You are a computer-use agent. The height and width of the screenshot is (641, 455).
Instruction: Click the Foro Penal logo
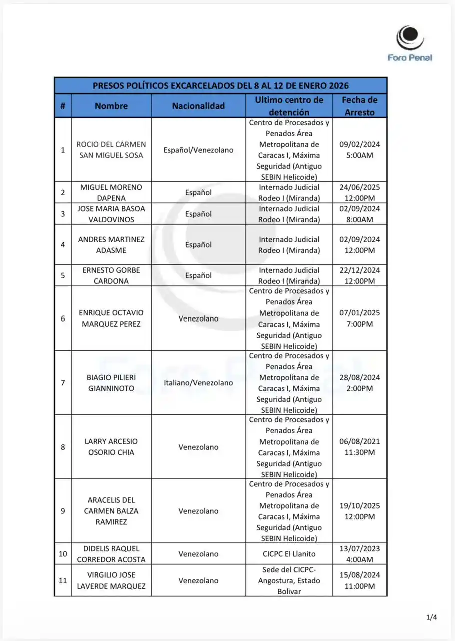click(x=410, y=44)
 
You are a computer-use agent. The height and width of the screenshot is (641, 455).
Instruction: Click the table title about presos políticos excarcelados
click(x=220, y=85)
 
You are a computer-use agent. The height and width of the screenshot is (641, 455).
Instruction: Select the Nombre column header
click(x=111, y=106)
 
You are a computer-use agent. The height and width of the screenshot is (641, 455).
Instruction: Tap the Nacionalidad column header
click(x=198, y=106)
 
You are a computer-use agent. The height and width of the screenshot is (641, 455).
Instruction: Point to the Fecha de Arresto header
click(x=359, y=106)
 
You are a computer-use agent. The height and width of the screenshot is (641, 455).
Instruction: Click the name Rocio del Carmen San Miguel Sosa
click(x=111, y=150)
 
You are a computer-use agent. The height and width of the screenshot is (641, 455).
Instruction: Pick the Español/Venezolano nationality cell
click(x=198, y=150)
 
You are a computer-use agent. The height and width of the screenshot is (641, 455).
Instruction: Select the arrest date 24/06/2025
click(x=359, y=193)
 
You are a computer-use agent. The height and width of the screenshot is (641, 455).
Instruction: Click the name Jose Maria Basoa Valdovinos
click(x=111, y=214)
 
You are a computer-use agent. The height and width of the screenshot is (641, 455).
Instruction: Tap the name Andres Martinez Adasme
click(x=111, y=245)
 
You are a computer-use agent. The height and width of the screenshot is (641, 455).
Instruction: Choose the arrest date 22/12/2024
click(x=359, y=275)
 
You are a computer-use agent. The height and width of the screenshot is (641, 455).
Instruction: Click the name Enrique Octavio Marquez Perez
click(x=111, y=318)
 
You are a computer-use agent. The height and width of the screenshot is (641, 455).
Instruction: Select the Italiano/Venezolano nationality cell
click(x=198, y=383)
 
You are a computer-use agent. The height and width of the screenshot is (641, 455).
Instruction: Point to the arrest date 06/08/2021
click(x=359, y=447)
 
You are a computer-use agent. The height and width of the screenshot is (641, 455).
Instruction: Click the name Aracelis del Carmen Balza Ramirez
click(x=111, y=511)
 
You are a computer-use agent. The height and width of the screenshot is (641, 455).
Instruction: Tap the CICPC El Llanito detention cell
click(x=289, y=554)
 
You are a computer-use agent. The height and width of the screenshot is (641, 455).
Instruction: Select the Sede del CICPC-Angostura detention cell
click(x=289, y=581)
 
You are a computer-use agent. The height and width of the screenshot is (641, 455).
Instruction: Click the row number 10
click(x=63, y=554)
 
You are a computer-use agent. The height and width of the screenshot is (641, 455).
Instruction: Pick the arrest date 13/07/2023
click(x=359, y=554)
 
